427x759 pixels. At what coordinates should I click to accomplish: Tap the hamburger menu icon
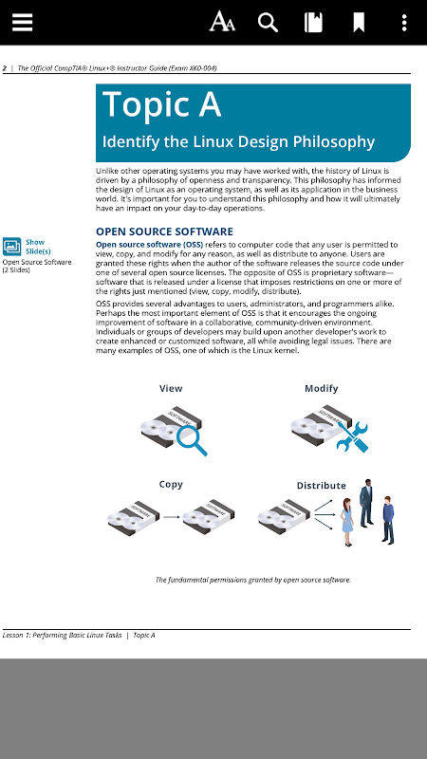[x=22, y=22]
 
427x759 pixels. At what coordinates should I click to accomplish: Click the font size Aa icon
[x=222, y=22]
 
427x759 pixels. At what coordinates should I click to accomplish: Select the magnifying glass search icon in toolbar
[x=268, y=22]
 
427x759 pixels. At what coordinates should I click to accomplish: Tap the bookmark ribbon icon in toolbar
[x=359, y=22]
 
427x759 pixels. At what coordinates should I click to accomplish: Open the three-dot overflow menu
[x=404, y=22]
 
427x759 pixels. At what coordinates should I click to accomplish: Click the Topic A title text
[x=161, y=104]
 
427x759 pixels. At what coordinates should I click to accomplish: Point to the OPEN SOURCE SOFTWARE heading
[x=164, y=231]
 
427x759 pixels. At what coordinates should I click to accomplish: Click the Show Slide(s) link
[x=38, y=247]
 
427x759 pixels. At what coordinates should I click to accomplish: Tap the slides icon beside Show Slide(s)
[x=11, y=246]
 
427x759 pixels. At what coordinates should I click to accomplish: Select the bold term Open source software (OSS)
[x=150, y=245]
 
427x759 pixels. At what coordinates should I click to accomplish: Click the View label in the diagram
[x=171, y=388]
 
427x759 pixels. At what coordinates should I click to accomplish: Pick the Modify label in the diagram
[x=322, y=388]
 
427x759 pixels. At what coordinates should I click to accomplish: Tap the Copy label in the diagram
[x=171, y=485]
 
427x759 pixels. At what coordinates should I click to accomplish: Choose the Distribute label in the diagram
[x=322, y=486]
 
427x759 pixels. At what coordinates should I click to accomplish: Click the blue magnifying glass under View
[x=191, y=439]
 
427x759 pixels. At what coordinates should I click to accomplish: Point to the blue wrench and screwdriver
[x=352, y=436]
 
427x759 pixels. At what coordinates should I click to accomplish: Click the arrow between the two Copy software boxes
[x=172, y=517]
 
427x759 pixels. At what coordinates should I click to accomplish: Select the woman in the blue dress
[x=347, y=522]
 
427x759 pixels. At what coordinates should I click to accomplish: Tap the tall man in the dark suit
[x=366, y=503]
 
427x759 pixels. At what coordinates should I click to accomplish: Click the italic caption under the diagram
[x=253, y=580]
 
